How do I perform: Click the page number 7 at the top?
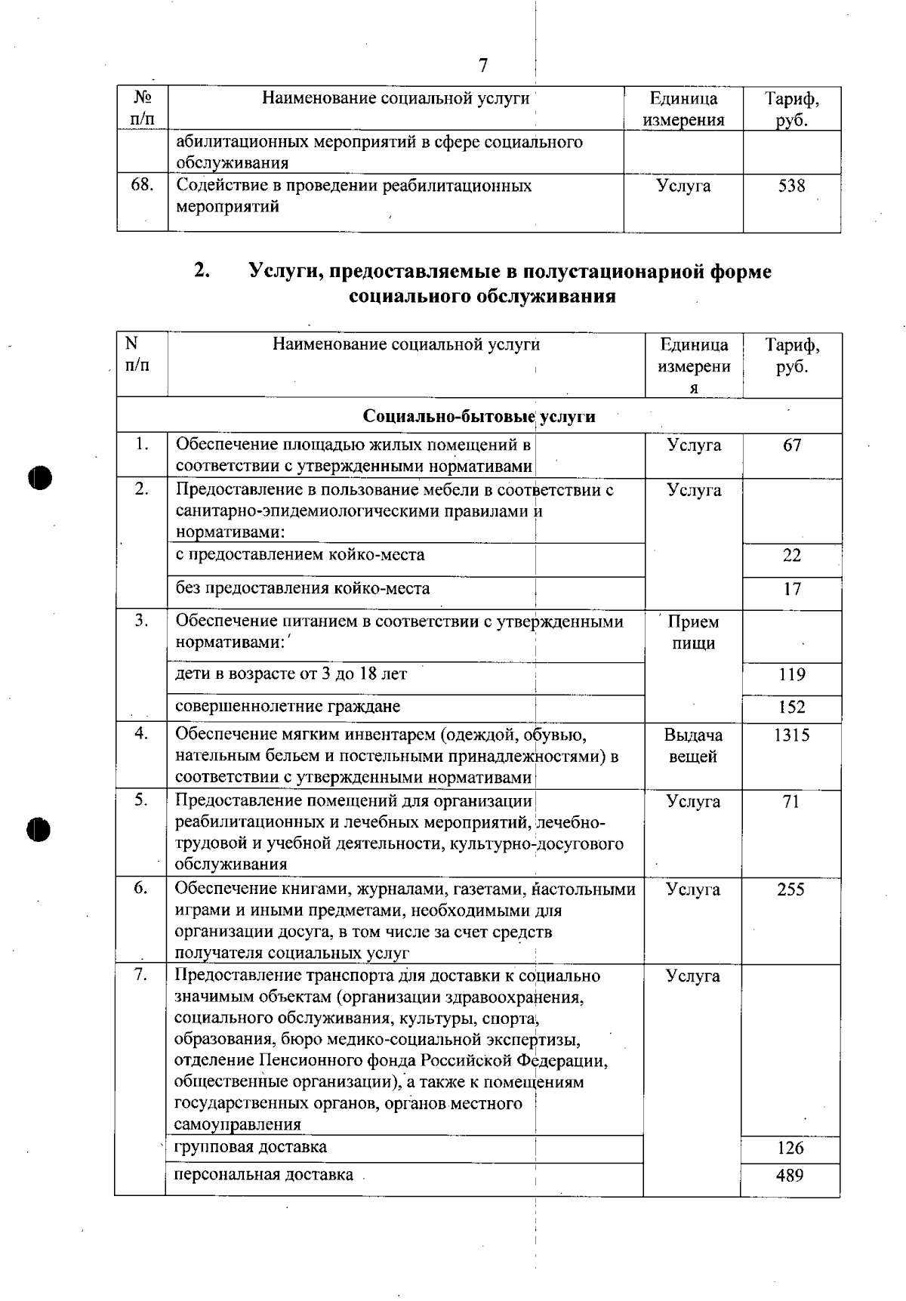click(x=483, y=66)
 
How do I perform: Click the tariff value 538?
click(x=791, y=186)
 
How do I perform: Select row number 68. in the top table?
click(x=142, y=186)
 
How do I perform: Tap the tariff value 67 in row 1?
click(x=791, y=445)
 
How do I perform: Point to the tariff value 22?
click(x=791, y=556)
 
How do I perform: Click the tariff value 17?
click(x=791, y=589)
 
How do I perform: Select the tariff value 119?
click(x=791, y=675)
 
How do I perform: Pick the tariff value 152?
click(x=791, y=708)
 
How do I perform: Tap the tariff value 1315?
click(x=791, y=735)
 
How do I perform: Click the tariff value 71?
click(x=791, y=802)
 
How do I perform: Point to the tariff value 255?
click(x=791, y=889)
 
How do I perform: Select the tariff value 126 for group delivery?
click(x=790, y=1148)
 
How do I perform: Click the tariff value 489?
click(x=790, y=1175)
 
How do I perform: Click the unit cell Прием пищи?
click(x=693, y=633)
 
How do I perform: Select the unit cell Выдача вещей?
click(x=693, y=746)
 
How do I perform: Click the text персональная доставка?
click(x=263, y=1175)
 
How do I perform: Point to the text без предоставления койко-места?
click(x=302, y=588)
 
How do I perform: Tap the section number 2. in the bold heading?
click(x=201, y=271)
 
